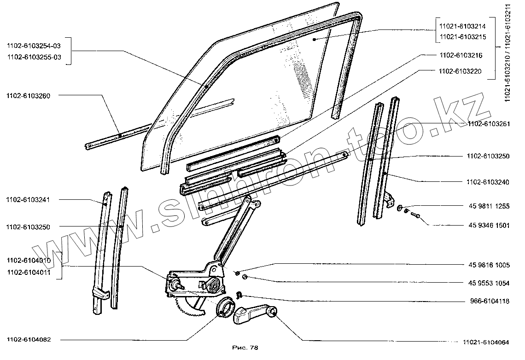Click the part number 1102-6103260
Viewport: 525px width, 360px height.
click(29, 96)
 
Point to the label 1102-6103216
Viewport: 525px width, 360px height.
click(458, 55)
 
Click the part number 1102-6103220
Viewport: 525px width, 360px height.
click(458, 71)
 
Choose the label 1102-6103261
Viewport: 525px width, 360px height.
click(488, 124)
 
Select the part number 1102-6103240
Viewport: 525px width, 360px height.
click(488, 182)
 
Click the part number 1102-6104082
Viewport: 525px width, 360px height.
click(29, 340)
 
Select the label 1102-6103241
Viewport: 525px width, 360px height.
click(29, 200)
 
